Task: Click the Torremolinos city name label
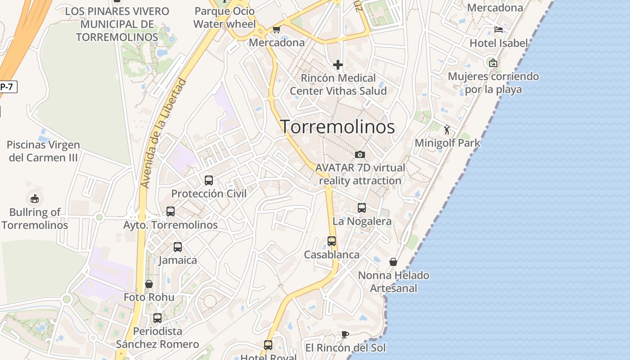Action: coord(337,127)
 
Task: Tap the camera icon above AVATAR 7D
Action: coord(360,154)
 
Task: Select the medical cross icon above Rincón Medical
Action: coord(337,65)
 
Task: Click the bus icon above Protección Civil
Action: coord(209,180)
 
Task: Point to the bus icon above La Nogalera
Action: coord(362,207)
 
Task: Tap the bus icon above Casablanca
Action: coord(332,241)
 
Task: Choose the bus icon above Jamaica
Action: coord(178,247)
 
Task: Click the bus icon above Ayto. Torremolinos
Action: coord(171,211)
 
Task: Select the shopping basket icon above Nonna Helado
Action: coord(393,261)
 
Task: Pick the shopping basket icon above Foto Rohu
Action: coord(149,283)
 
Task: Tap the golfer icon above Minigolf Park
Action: coord(447,130)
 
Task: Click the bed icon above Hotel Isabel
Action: coord(498,30)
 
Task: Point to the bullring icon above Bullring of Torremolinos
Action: coord(35,198)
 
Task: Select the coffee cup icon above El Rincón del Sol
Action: coord(345,334)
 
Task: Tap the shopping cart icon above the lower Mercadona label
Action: coord(276,30)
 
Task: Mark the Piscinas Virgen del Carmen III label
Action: coord(44,151)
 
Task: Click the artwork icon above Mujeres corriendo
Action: coord(493,63)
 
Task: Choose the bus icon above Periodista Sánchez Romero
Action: coord(157,318)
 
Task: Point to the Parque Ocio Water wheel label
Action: coord(225,18)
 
